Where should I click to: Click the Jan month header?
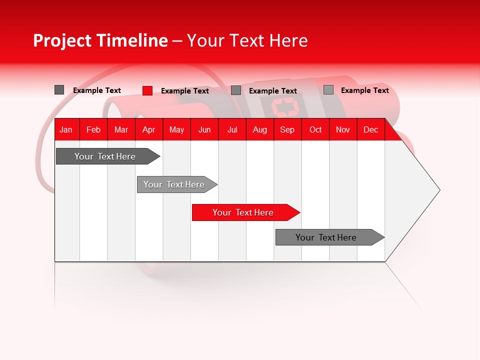pyautogui.click(x=66, y=129)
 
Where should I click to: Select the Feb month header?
pyautogui.click(x=93, y=129)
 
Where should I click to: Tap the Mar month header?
pyautogui.click(x=121, y=129)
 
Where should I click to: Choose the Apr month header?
pyautogui.click(x=149, y=129)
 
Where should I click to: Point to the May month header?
pyautogui.click(x=176, y=129)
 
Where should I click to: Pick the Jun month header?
pyautogui.click(x=204, y=129)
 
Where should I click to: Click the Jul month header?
pyautogui.click(x=232, y=129)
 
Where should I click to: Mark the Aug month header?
pyautogui.click(x=260, y=129)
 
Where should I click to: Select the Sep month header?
pyautogui.click(x=287, y=129)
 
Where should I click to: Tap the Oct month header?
pyautogui.click(x=315, y=129)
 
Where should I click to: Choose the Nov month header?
pyautogui.click(x=343, y=129)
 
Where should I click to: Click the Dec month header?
pyautogui.click(x=370, y=129)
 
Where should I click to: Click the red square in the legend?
pyautogui.click(x=147, y=90)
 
